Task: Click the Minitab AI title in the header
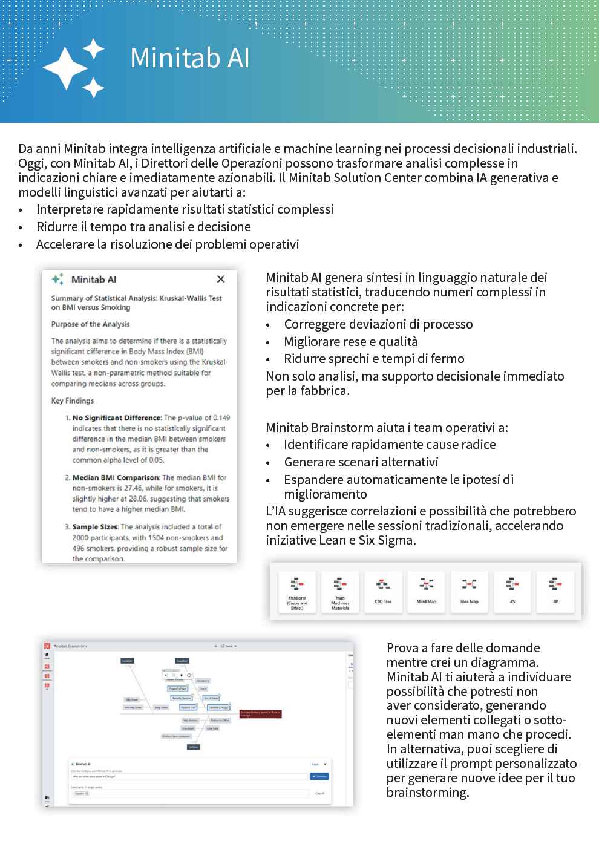pyautogui.click(x=189, y=58)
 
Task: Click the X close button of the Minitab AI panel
pyautogui.click(x=221, y=279)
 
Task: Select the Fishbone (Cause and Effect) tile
pyautogui.click(x=297, y=592)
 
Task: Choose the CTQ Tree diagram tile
pyautogui.click(x=383, y=592)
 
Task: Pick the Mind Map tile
pyautogui.click(x=427, y=592)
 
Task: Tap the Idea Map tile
pyautogui.click(x=470, y=592)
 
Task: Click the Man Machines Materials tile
pyautogui.click(x=340, y=592)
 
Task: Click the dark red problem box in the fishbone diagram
pyautogui.click(x=260, y=714)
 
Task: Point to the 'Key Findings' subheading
pyautogui.click(x=73, y=401)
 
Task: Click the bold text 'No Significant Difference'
pyautogui.click(x=117, y=417)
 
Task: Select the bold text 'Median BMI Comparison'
pyautogui.click(x=116, y=477)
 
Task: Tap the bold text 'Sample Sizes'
pyautogui.click(x=95, y=527)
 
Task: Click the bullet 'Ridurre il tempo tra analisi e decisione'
pyautogui.click(x=143, y=227)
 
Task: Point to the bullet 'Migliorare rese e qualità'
pyautogui.click(x=351, y=342)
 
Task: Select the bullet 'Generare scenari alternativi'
pyautogui.click(x=361, y=462)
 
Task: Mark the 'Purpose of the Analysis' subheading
pyautogui.click(x=90, y=324)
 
